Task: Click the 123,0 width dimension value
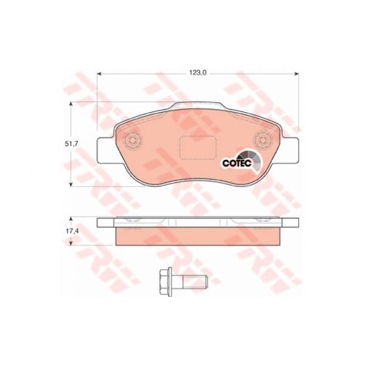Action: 198,73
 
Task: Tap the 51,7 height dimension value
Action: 71,144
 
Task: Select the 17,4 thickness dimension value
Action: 71,231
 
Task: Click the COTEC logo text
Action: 237,163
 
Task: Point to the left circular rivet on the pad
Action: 132,141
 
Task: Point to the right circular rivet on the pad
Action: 263,140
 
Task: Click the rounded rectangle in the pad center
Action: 198,148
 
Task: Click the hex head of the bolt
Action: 165,282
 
